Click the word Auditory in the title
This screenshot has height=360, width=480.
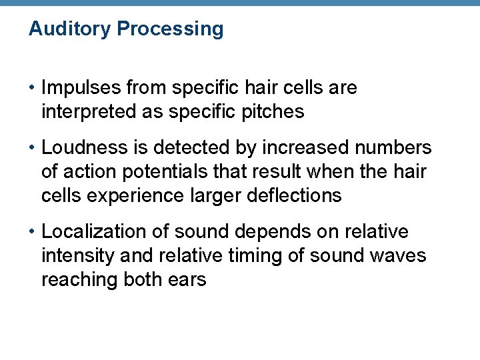[70, 29]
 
